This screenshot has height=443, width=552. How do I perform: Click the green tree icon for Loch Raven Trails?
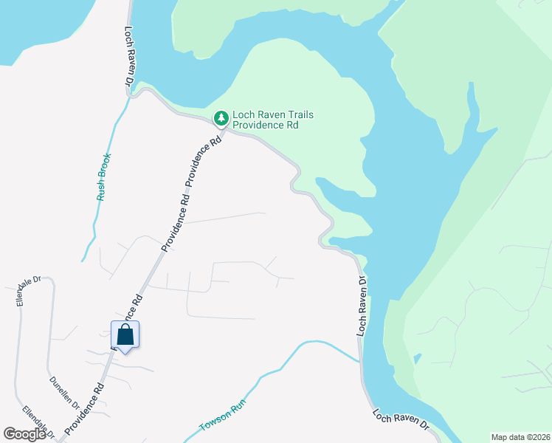pyautogui.click(x=221, y=118)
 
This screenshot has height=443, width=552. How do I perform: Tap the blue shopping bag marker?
pyautogui.click(x=125, y=334)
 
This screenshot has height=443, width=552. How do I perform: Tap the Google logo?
pyautogui.click(x=25, y=434)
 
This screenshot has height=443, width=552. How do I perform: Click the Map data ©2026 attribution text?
pyautogui.click(x=520, y=437)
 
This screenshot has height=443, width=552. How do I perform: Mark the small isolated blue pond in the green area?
pyautogui.click(x=418, y=359)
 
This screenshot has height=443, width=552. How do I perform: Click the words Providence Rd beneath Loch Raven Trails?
pyautogui.click(x=266, y=126)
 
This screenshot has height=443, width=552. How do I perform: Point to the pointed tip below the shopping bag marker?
pyautogui.click(x=125, y=352)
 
